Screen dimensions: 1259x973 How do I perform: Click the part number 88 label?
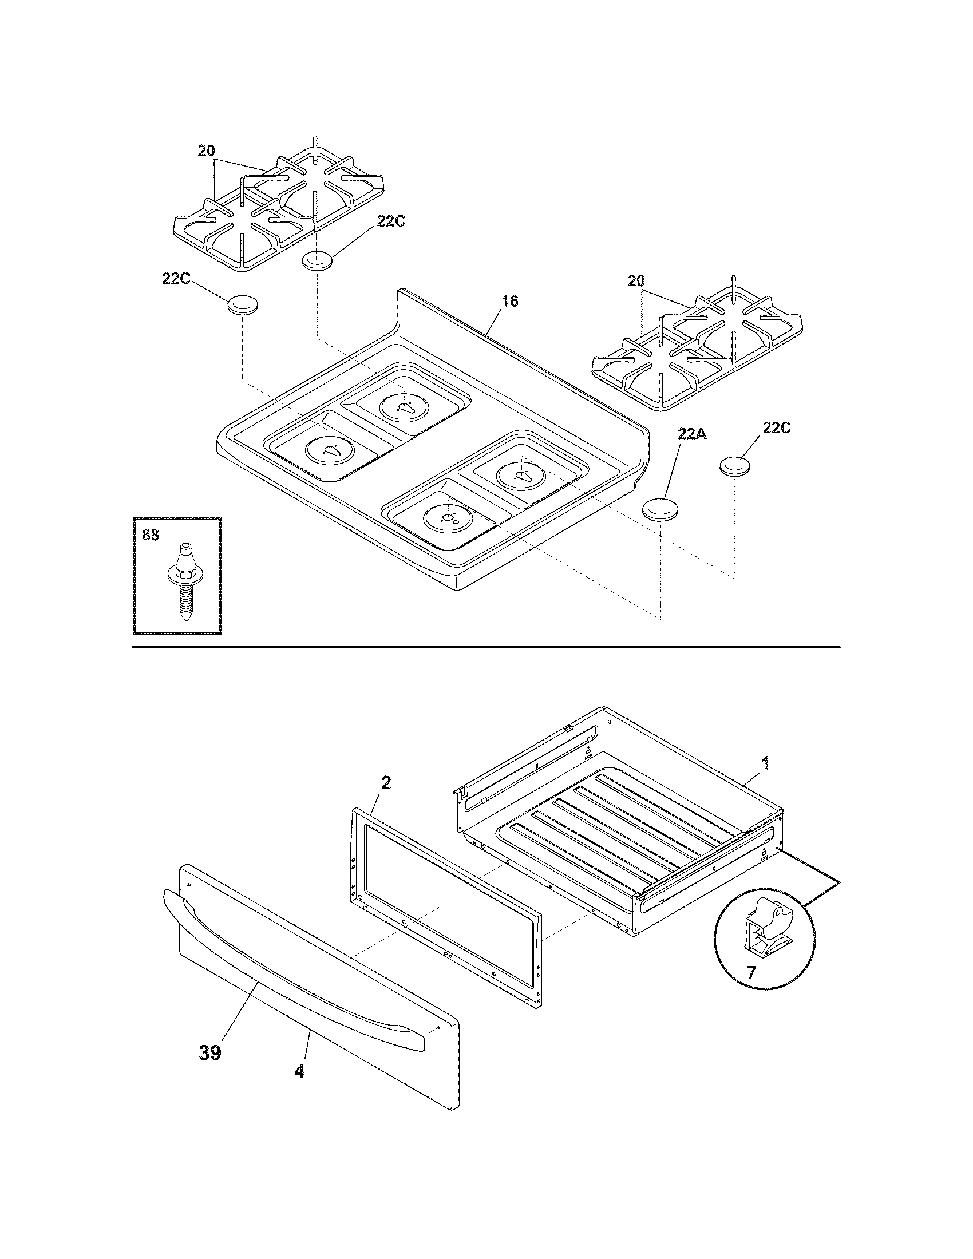coord(150,535)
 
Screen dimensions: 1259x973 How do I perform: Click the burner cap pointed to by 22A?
coord(660,509)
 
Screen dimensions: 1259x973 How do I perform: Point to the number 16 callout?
coord(509,301)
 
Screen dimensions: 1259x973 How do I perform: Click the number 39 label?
coord(210,1053)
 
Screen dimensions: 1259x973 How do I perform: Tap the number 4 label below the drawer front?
coord(299,1071)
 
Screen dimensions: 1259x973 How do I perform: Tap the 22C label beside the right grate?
coord(777,428)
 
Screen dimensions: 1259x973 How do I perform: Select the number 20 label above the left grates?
coord(207,151)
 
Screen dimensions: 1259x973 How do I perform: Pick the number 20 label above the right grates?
coord(636,282)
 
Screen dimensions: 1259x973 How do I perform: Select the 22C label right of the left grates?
coord(391,221)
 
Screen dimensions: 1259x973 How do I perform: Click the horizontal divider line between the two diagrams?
coord(486,646)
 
